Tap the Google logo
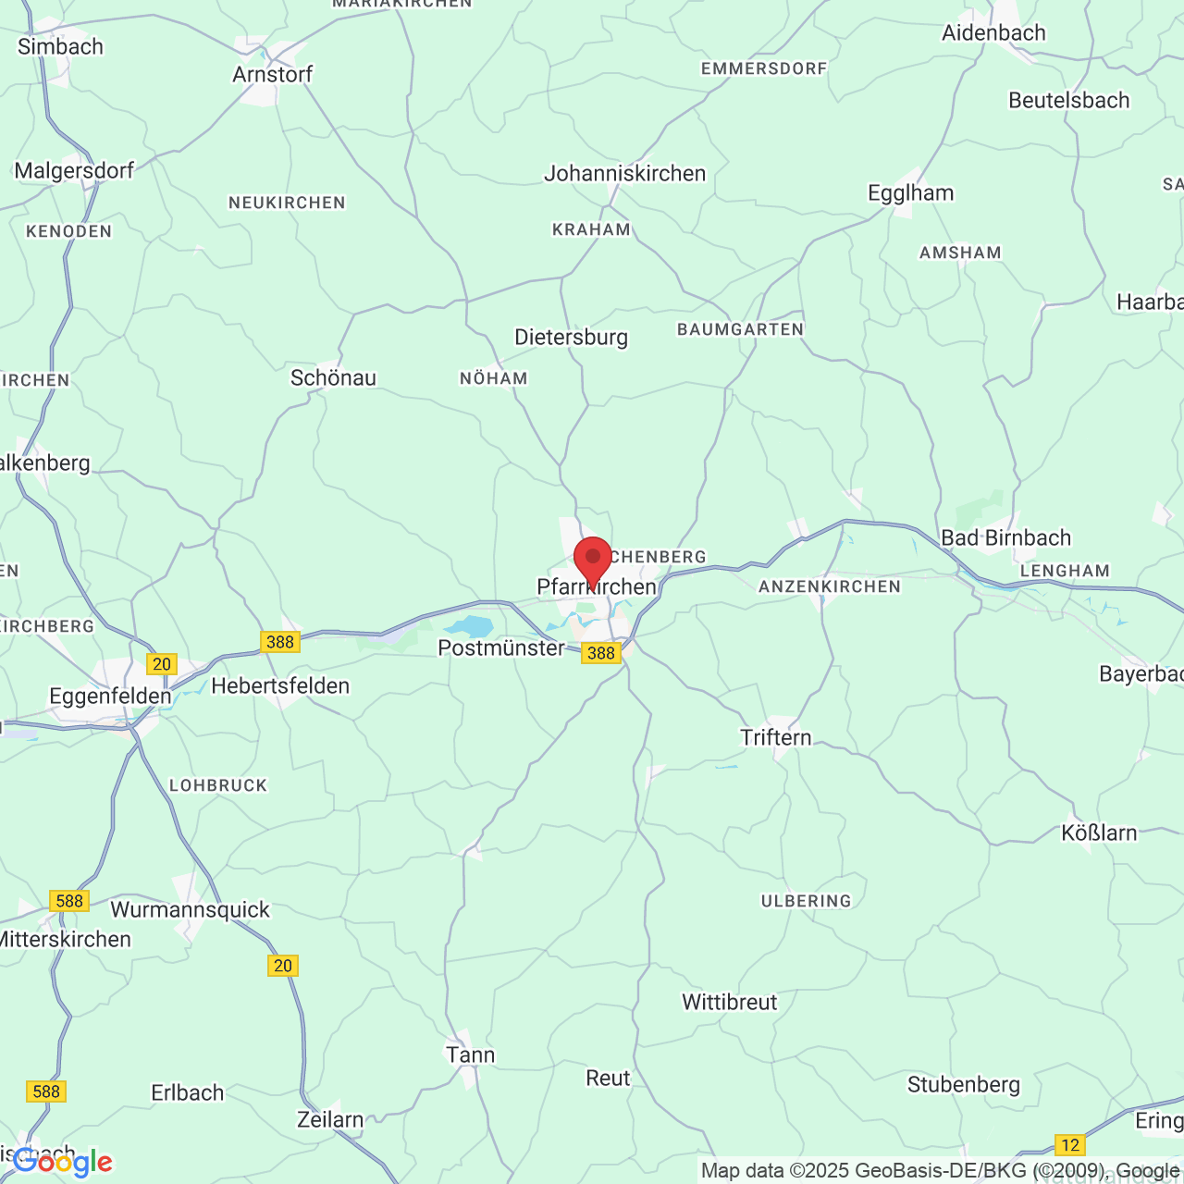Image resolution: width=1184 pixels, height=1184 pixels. pyautogui.click(x=62, y=1161)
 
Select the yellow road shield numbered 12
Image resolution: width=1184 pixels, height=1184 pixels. pyautogui.click(x=1069, y=1145)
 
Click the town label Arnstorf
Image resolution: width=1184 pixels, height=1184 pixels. pyautogui.click(x=273, y=74)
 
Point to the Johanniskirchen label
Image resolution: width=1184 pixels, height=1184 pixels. pyautogui.click(x=624, y=173)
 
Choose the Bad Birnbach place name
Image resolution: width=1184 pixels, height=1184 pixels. pyautogui.click(x=1005, y=537)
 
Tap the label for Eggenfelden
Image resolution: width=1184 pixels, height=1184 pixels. pyautogui.click(x=110, y=696)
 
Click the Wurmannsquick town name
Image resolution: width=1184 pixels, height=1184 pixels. pyautogui.click(x=190, y=909)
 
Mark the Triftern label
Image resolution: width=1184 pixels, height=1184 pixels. pyautogui.click(x=775, y=737)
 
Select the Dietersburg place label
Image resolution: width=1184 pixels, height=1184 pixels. pyautogui.click(x=571, y=337)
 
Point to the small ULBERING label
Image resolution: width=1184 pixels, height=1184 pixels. pyautogui.click(x=806, y=901)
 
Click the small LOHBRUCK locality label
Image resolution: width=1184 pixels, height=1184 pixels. pyautogui.click(x=218, y=785)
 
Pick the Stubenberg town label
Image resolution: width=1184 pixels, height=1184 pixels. pyautogui.click(x=963, y=1084)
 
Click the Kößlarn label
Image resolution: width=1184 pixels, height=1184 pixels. pyautogui.click(x=1099, y=832)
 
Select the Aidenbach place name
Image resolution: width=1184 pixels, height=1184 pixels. pyautogui.click(x=993, y=32)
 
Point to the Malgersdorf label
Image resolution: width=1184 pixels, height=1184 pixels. pyautogui.click(x=74, y=170)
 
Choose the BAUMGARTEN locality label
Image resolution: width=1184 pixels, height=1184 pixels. pyautogui.click(x=740, y=329)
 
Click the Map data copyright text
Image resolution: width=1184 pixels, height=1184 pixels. pyautogui.click(x=940, y=1170)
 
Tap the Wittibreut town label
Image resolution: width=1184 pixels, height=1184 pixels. pyautogui.click(x=730, y=1002)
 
